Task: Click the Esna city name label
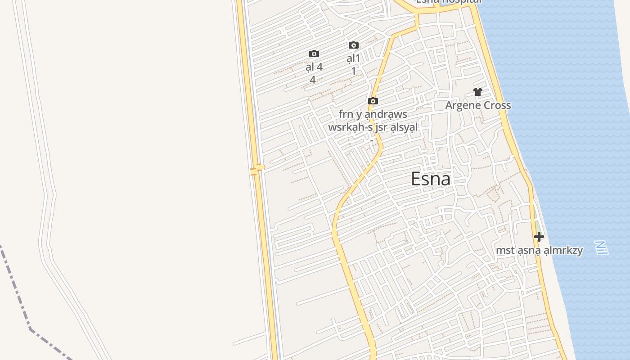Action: tap(431, 179)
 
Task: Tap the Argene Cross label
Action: tap(478, 105)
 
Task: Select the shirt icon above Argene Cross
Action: tap(478, 92)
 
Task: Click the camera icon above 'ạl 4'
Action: tap(314, 54)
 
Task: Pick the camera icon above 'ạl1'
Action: tap(354, 45)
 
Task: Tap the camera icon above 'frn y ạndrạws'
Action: tap(373, 101)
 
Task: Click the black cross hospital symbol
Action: tap(539, 236)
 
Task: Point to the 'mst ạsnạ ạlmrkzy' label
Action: tap(539, 250)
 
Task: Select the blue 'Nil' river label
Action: tap(601, 247)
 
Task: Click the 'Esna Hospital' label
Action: tap(448, 1)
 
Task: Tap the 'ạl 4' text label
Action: tap(314, 67)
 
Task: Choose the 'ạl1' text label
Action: tap(354, 58)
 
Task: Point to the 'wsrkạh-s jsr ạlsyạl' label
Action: tap(373, 127)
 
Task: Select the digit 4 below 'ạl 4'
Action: tap(313, 80)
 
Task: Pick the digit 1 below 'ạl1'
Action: tap(354, 71)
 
